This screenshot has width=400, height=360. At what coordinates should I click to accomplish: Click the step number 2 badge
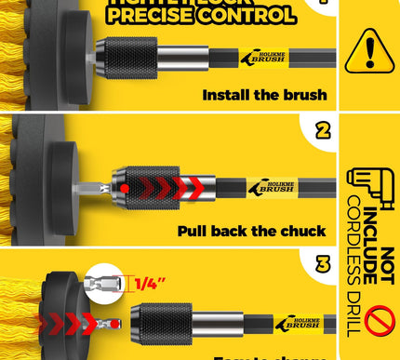(323, 129)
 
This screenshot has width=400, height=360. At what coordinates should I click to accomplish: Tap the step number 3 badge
(323, 265)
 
